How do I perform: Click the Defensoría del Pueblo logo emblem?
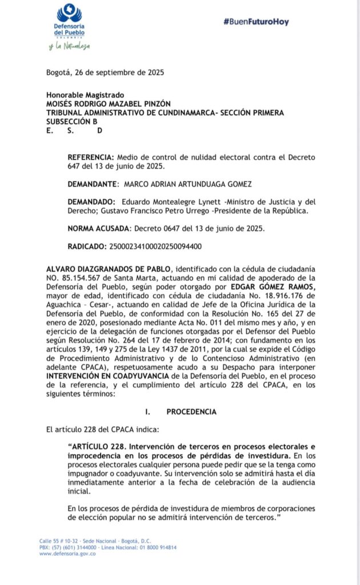(x=69, y=13)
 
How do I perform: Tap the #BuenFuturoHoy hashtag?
(x=256, y=22)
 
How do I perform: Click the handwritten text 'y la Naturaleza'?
(x=69, y=46)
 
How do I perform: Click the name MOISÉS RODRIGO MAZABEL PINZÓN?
(x=109, y=103)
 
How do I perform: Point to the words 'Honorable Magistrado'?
(x=85, y=95)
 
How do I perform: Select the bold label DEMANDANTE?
(x=91, y=184)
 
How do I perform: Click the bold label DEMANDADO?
(x=91, y=202)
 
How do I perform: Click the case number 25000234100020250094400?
(x=155, y=247)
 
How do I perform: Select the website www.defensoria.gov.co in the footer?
(x=67, y=554)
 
